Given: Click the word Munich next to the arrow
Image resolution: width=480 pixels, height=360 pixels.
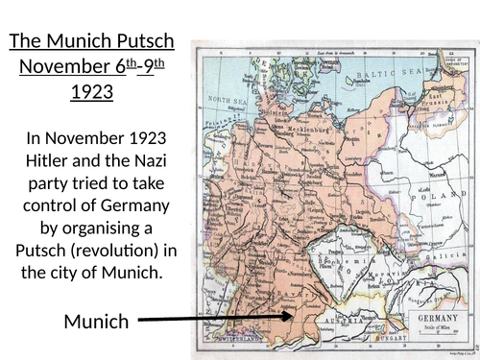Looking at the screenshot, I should [x=96, y=322].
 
